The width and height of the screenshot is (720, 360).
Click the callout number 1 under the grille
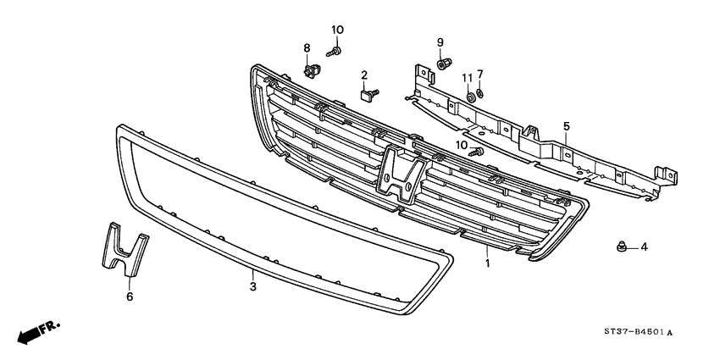coord(487,264)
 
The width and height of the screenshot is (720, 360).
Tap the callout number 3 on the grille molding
coord(252,275)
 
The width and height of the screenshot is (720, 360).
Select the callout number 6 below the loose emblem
coord(130,296)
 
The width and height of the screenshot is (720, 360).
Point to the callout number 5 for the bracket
coord(567,126)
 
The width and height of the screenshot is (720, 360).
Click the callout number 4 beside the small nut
coord(644,247)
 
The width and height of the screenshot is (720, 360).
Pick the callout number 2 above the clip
coord(364,75)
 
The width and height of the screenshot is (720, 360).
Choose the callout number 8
coord(307,47)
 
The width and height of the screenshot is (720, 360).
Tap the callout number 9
coord(440,42)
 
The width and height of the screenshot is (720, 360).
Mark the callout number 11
coord(467,79)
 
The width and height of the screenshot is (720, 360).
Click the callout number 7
coord(479,74)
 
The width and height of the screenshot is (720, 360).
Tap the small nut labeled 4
coord(620,247)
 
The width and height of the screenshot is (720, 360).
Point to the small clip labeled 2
coord(367,94)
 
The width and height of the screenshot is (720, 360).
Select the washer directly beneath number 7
coord(480,92)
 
